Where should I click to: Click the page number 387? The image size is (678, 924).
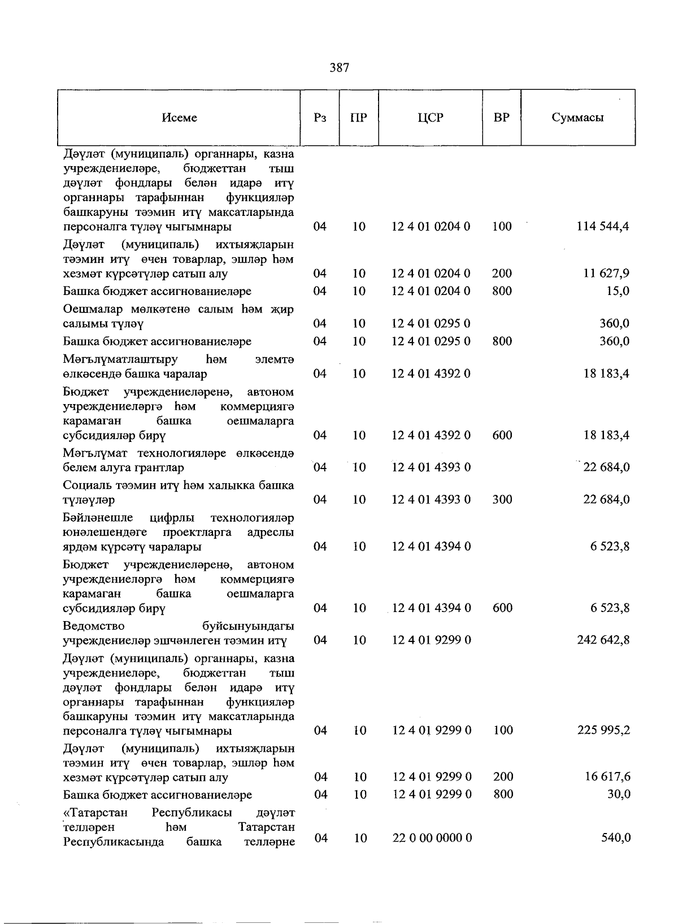(339, 68)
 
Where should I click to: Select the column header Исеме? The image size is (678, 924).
(179, 118)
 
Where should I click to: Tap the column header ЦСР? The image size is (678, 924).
(431, 118)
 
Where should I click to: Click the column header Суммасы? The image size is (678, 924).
(577, 118)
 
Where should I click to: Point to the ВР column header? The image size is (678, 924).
(501, 118)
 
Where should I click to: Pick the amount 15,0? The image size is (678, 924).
(618, 291)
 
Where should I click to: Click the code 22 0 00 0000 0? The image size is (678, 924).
(432, 838)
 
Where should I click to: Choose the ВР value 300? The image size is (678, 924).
(502, 500)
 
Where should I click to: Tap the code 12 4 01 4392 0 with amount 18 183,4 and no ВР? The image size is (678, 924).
(431, 374)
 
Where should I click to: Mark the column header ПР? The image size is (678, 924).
(359, 118)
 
